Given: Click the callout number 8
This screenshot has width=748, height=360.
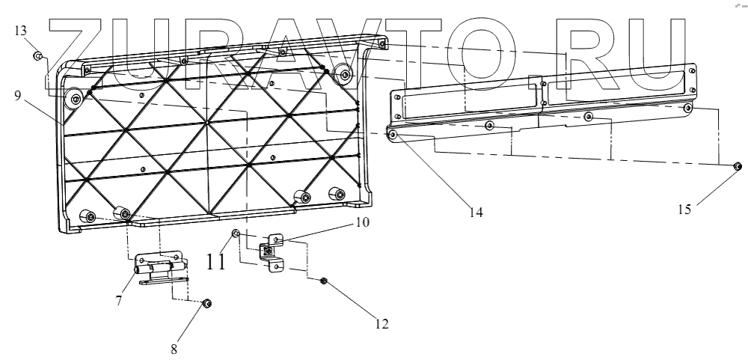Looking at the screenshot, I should coord(175,347).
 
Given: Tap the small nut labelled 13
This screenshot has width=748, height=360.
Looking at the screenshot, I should coord(37,55).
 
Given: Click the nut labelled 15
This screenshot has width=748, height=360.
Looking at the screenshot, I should coord(737,166).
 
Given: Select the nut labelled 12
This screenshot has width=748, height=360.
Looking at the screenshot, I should coord(324,281).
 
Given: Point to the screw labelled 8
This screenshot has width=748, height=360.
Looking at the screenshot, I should coord(207,303).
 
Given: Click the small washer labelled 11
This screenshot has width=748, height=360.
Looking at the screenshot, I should coord(236,234).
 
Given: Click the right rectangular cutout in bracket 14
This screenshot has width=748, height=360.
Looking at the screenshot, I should coord(616,83).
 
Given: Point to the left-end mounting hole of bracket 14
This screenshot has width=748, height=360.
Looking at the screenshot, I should coord(392,134).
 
